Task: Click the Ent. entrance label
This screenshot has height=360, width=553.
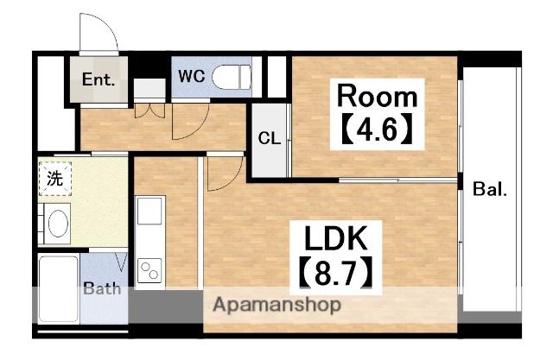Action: [99, 79]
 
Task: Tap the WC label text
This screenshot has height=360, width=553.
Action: [192, 76]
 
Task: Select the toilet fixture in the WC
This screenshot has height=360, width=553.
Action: [232, 77]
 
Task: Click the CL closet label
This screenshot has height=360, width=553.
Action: [270, 138]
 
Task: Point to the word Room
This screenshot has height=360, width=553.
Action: [377, 96]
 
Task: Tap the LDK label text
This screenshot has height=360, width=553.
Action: [336, 238]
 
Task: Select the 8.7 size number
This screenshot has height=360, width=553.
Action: [335, 272]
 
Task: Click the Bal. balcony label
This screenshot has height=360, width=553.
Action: [490, 189]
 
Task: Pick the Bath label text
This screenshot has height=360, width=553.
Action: [102, 289]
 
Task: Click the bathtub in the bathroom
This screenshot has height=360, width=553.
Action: [58, 289]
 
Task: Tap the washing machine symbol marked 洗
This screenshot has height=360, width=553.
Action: [55, 179]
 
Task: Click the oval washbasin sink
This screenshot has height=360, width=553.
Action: [58, 224]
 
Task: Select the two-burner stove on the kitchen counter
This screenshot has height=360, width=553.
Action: [149, 270]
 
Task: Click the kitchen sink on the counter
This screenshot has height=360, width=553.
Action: [149, 211]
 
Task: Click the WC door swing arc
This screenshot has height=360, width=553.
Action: [198, 126]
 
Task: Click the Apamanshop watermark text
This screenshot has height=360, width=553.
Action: [277, 305]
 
